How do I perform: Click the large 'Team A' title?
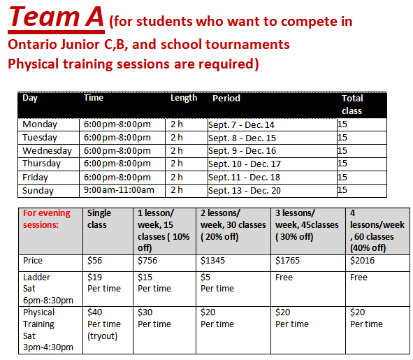pyautogui.click(x=56, y=17)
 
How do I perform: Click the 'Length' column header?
pyautogui.click(x=184, y=99)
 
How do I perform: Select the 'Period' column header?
pyautogui.click(x=226, y=99)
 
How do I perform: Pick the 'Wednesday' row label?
pyautogui.click(x=47, y=151)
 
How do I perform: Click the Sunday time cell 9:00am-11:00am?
pyautogui.click(x=119, y=190)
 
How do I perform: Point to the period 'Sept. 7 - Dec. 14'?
pyautogui.click(x=241, y=125)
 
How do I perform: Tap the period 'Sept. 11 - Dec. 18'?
pyautogui.click(x=244, y=178)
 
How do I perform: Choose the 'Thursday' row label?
pyautogui.click(x=42, y=164)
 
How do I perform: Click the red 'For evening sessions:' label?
pyautogui.click(x=47, y=219)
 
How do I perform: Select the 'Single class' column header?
pyautogui.click(x=99, y=219)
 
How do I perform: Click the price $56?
pyautogui.click(x=94, y=260)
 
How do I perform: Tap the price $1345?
pyautogui.click(x=212, y=260)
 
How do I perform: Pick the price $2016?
pyautogui.click(x=362, y=260)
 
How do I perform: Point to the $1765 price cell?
pyautogui.click(x=287, y=260)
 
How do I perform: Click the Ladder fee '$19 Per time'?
pyautogui.click(x=104, y=283)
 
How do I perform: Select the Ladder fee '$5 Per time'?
pyautogui.click(x=217, y=283)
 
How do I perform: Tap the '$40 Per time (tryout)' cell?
pyautogui.click(x=104, y=324)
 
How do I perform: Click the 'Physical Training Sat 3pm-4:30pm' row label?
pyautogui.click(x=48, y=330)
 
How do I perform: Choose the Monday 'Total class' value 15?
pyautogui.click(x=342, y=124)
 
